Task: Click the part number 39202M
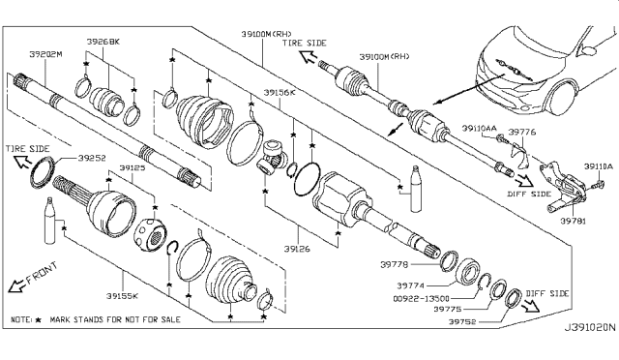point(45,54)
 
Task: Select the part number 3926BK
point(103,42)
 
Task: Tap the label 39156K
point(280,93)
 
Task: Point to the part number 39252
point(92,158)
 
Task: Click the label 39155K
point(122,295)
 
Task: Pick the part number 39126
point(297,249)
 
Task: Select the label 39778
point(394,264)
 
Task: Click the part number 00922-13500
point(421,299)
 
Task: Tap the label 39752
point(462,321)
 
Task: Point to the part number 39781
point(574,221)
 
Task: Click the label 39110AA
point(480,128)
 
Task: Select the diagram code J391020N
point(589,328)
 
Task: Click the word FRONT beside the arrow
point(42,274)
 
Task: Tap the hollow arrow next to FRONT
point(16,285)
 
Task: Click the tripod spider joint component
point(273,157)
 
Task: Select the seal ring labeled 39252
point(42,172)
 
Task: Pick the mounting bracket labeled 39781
point(562,187)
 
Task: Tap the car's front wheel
point(561,98)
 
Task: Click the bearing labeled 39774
point(468,272)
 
